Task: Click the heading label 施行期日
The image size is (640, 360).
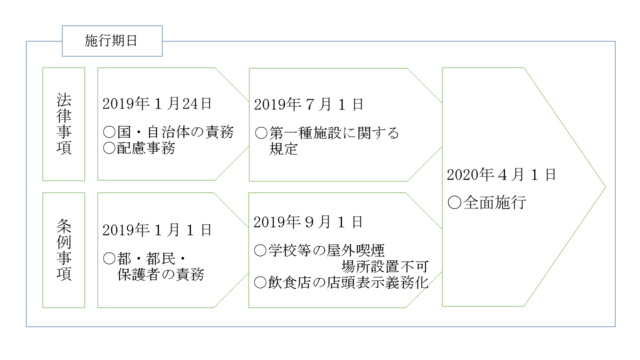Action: pyautogui.click(x=109, y=41)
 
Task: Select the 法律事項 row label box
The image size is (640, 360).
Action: pyautogui.click(x=64, y=124)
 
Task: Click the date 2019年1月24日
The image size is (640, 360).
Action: pyautogui.click(x=158, y=103)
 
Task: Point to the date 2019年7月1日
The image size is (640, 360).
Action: pyautogui.click(x=309, y=103)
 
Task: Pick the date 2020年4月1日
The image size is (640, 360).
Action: pyautogui.click(x=501, y=174)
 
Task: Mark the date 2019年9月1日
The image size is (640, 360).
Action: pyautogui.click(x=309, y=220)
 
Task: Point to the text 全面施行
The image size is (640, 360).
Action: pyautogui.click(x=495, y=202)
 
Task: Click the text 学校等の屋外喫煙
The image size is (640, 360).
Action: pyautogui.click(x=327, y=249)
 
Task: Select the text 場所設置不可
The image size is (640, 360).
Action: pyautogui.click(x=384, y=266)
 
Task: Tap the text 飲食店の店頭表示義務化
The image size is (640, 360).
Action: pyautogui.click(x=349, y=283)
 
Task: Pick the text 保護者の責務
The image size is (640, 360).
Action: pyautogui.click(x=161, y=274)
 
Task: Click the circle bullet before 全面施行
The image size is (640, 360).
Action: pyautogui.click(x=454, y=202)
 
